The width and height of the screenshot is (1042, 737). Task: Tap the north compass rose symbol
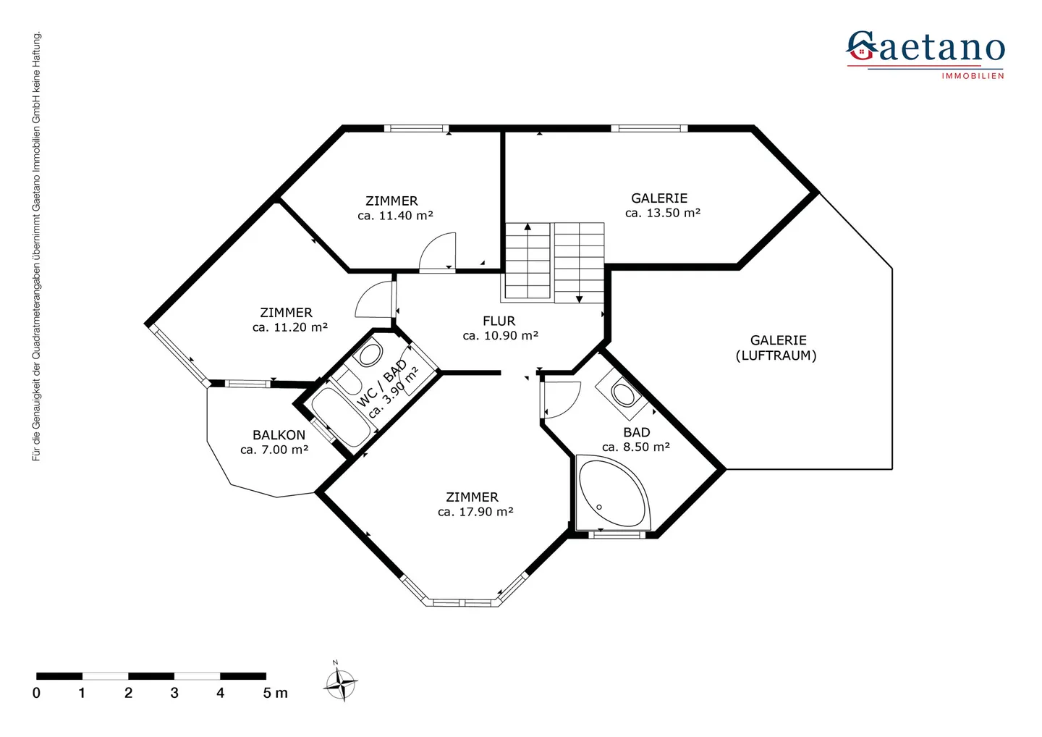339,683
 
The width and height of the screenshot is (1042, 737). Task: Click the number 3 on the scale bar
174,694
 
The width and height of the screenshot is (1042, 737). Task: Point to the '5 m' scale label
275,694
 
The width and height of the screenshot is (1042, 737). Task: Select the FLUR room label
499,321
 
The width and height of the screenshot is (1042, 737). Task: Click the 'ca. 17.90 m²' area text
475,512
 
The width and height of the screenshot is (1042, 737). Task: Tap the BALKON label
279,435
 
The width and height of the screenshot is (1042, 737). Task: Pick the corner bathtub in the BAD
611,492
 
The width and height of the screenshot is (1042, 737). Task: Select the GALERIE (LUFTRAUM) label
777,348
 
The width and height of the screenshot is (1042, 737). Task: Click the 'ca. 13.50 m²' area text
663,213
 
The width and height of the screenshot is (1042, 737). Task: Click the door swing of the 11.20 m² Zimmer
376,300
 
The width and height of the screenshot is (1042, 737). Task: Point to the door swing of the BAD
562,399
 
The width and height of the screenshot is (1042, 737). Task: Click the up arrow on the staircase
528,227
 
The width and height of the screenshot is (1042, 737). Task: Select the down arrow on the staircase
579,298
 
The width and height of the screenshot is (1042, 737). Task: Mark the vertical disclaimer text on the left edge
37,246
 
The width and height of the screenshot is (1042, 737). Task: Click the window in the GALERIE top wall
649,129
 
